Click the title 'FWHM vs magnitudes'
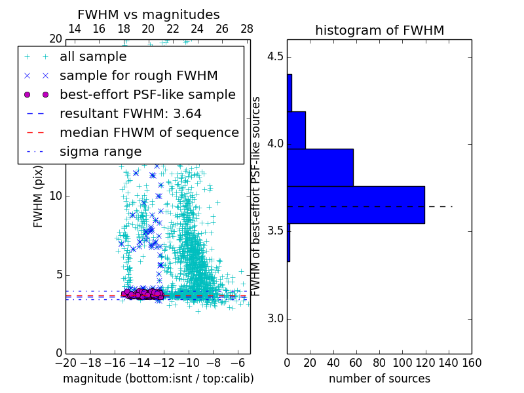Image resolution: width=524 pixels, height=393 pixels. coord(149,15)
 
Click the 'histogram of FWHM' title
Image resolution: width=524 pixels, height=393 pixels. coord(379,30)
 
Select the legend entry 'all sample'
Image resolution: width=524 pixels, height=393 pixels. coord(93,57)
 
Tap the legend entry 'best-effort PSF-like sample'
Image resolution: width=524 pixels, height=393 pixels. coord(147,94)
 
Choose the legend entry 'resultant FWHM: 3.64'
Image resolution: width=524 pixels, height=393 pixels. coord(130,113)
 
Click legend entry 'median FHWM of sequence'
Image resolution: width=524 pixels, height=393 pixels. coord(149,132)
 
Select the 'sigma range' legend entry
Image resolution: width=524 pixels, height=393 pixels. coord(100,151)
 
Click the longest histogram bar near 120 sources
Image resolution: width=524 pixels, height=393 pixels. coord(356,205)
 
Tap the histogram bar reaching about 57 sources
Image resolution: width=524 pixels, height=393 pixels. coord(320,168)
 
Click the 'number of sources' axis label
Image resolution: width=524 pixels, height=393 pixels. coord(379,379)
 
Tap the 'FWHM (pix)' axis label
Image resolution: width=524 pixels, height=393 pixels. coord(39,196)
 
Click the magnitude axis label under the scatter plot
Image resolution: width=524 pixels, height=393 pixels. coord(158,379)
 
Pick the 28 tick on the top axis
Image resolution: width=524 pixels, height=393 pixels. coord(247,29)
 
